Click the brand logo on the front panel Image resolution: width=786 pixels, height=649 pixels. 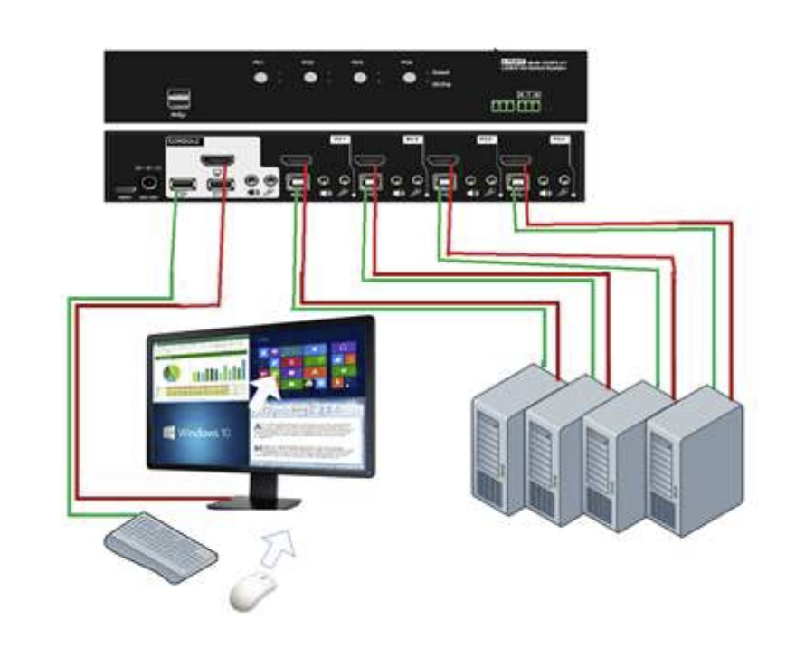(x=511, y=62)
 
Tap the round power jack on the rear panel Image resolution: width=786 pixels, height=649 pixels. (x=150, y=186)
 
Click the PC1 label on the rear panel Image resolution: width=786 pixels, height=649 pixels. (x=340, y=140)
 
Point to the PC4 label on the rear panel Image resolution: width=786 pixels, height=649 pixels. (x=559, y=140)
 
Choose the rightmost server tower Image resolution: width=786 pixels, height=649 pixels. (x=694, y=462)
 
